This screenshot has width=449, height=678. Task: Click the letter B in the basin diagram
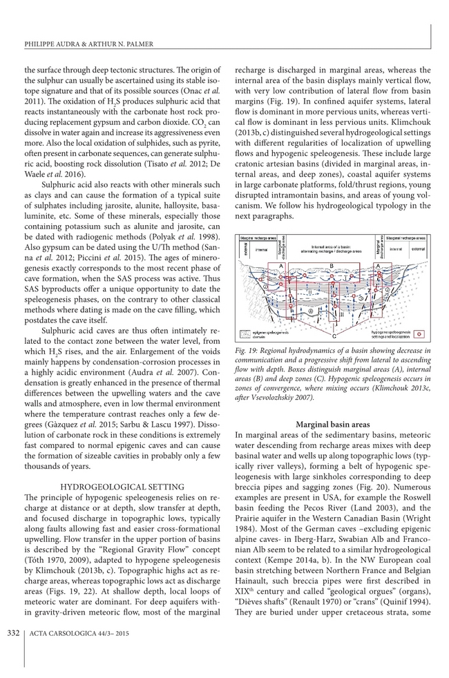pos(332,266)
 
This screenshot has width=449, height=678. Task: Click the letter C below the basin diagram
pos(334,336)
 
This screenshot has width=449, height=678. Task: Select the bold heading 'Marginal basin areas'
pos(333,423)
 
